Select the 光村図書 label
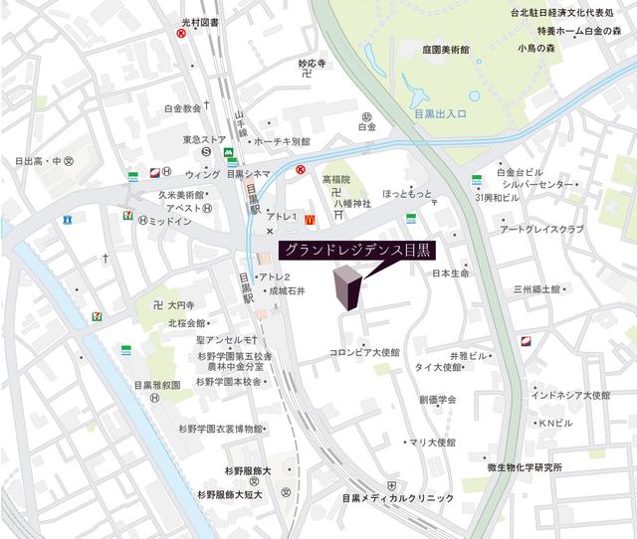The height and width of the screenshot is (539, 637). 206,22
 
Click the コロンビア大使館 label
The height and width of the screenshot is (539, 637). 364,352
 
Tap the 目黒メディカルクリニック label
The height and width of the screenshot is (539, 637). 397,497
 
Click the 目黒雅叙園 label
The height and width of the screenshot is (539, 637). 156,384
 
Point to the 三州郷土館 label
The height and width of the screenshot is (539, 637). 538,289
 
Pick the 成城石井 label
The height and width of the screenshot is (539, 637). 286,290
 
